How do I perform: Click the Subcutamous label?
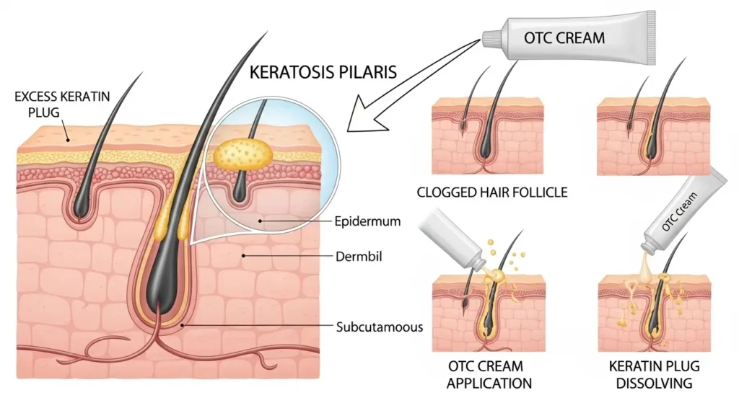point(379,326)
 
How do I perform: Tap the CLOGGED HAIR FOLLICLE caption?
point(492,192)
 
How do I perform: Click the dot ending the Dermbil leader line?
point(245,254)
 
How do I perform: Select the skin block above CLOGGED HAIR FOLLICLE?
point(487,137)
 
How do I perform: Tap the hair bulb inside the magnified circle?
point(240,191)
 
